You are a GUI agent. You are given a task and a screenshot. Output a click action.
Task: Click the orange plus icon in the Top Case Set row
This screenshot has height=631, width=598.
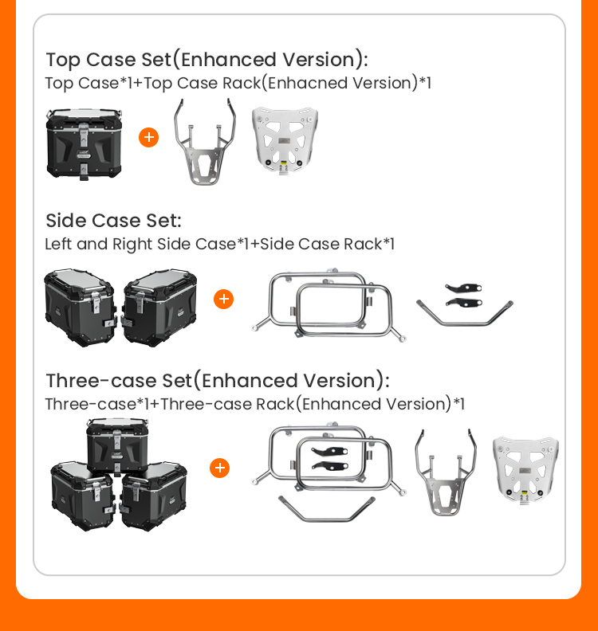pyautogui.click(x=148, y=138)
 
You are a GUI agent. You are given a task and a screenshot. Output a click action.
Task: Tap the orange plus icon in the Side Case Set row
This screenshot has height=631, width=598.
pyautogui.click(x=223, y=299)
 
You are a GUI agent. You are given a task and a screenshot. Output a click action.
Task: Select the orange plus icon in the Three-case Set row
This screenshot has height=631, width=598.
pyautogui.click(x=219, y=468)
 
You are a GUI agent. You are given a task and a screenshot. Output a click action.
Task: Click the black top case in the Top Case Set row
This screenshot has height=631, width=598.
pyautogui.click(x=85, y=144)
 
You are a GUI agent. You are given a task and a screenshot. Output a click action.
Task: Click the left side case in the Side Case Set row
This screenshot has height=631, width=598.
pyautogui.click(x=80, y=308)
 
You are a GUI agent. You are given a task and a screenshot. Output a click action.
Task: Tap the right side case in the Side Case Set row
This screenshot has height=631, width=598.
pyautogui.click(x=159, y=308)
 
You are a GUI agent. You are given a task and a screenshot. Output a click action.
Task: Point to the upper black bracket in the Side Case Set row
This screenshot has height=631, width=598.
pyautogui.click(x=463, y=288)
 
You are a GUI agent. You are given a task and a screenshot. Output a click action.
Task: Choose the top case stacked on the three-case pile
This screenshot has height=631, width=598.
pyautogui.click(x=117, y=447)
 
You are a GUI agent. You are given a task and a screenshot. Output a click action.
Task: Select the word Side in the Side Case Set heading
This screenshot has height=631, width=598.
pyautogui.click(x=66, y=221)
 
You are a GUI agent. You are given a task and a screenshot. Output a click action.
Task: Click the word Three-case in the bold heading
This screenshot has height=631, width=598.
pyautogui.click(x=101, y=381)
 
